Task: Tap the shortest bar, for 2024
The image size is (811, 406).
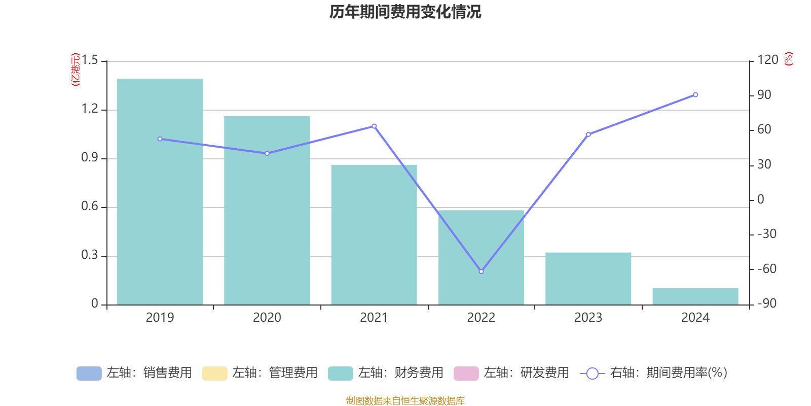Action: [695, 296]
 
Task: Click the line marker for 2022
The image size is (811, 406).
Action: [481, 272]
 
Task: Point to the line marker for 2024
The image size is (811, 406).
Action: [695, 95]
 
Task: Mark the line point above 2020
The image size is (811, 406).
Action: [267, 153]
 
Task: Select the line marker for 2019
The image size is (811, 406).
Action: [160, 139]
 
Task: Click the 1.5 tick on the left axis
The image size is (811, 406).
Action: [90, 61]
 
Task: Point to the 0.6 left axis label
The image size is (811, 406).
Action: [90, 207]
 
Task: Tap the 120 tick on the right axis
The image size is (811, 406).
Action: [767, 60]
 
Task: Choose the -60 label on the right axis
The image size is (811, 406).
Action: [766, 269]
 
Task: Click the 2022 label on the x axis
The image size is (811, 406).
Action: [481, 318]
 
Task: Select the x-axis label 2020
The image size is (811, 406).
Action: [267, 318]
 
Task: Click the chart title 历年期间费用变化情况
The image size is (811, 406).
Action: [405, 12]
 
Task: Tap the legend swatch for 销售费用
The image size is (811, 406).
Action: [89, 374]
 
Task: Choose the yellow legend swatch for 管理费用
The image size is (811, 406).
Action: [214, 374]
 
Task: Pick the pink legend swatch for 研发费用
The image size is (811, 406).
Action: [466, 374]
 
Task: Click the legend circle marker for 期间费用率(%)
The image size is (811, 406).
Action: [592, 374]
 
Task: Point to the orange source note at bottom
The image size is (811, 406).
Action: [405, 401]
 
